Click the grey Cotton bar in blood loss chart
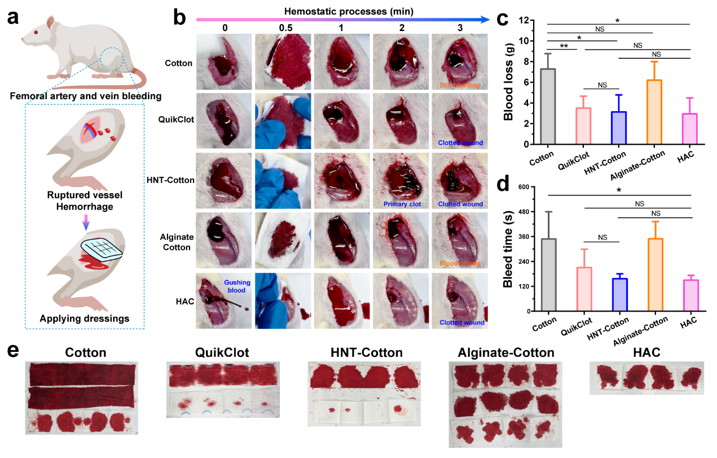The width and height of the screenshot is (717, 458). pyautogui.click(x=547, y=107)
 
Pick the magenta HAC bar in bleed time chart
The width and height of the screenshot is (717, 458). pyautogui.click(x=690, y=295)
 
